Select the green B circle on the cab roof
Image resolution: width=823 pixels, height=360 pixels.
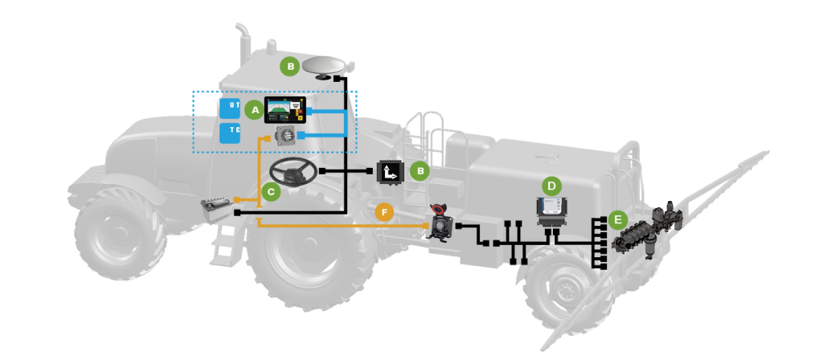(289, 67)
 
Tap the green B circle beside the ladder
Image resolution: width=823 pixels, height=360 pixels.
(419, 170)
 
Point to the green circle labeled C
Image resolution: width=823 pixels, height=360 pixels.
(270, 192)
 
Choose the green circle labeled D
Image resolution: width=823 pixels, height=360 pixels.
(551, 186)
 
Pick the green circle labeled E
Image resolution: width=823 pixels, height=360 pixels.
(617, 219)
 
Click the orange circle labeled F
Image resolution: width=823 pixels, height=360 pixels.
(385, 213)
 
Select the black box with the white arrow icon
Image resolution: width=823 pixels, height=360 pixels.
(391, 171)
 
